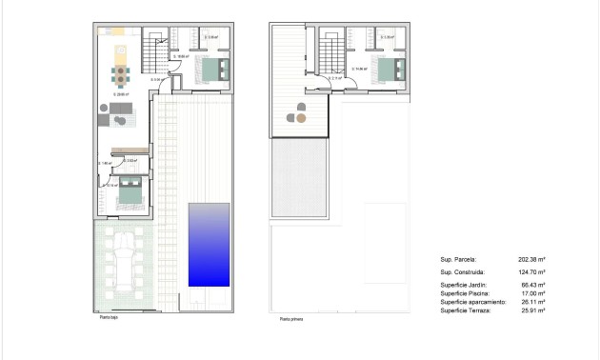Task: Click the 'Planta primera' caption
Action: click(x=291, y=320)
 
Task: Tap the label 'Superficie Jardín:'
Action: click(x=466, y=285)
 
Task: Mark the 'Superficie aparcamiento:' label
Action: click(x=472, y=302)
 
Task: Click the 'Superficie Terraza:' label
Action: click(x=466, y=310)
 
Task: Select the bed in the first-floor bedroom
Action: click(x=390, y=70)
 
